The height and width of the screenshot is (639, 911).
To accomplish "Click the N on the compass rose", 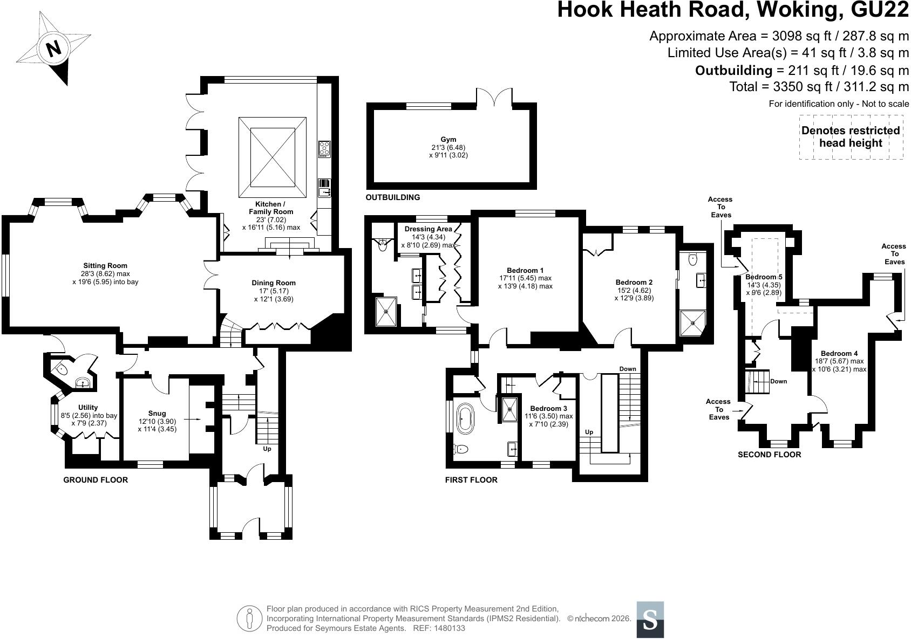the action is [x=53, y=49].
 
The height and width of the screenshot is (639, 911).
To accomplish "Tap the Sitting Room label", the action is [x=105, y=266].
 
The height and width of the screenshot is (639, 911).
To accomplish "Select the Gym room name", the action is [x=448, y=139].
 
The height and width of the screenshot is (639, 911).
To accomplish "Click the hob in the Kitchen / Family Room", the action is [x=324, y=149].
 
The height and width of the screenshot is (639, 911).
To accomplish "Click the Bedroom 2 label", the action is [x=634, y=283].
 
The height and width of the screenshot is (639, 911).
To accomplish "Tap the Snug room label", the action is [x=157, y=414].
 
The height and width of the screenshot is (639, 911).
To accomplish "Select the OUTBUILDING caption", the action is [x=392, y=197].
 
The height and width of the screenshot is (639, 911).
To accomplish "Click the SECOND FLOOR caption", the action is [x=770, y=455].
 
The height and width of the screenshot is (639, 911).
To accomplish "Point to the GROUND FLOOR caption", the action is [x=96, y=480].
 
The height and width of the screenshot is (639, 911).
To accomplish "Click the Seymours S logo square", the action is [x=650, y=620].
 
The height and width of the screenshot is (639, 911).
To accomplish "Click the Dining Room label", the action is [x=274, y=283].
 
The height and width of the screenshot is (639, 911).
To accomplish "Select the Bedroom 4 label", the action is [x=839, y=353].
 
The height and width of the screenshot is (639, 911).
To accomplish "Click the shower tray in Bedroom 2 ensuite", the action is [x=692, y=324].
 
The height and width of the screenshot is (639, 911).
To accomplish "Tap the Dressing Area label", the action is [x=429, y=229].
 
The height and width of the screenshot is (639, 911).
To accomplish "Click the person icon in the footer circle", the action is [x=250, y=619].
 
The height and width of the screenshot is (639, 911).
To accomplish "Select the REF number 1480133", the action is [x=450, y=628].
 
